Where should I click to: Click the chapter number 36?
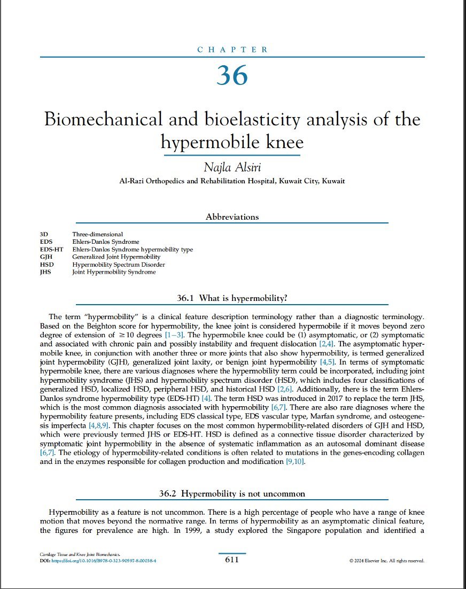click(x=232, y=75)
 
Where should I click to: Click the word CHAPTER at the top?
click(x=232, y=50)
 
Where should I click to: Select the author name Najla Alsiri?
click(x=232, y=167)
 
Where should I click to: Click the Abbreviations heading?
click(x=232, y=217)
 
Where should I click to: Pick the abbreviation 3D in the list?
click(x=43, y=234)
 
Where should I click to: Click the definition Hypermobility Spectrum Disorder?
click(x=119, y=265)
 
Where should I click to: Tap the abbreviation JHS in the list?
click(x=45, y=272)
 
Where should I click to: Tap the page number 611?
click(x=232, y=560)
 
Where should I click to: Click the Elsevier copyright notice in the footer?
click(x=387, y=561)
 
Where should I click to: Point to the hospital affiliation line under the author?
click(x=232, y=181)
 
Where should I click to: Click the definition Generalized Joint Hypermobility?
click(x=116, y=257)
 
